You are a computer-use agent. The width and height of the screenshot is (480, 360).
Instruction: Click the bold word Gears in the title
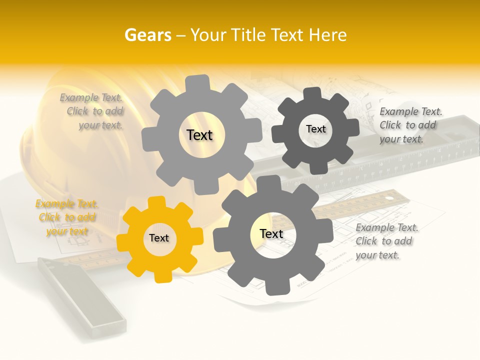click(148, 35)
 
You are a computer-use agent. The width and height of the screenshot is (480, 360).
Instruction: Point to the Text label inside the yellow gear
click(159, 238)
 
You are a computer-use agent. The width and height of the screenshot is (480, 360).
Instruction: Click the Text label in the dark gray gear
click(315, 129)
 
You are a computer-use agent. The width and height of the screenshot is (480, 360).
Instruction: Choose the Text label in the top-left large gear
click(199, 135)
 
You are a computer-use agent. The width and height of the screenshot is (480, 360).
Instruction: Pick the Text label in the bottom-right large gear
click(271, 234)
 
